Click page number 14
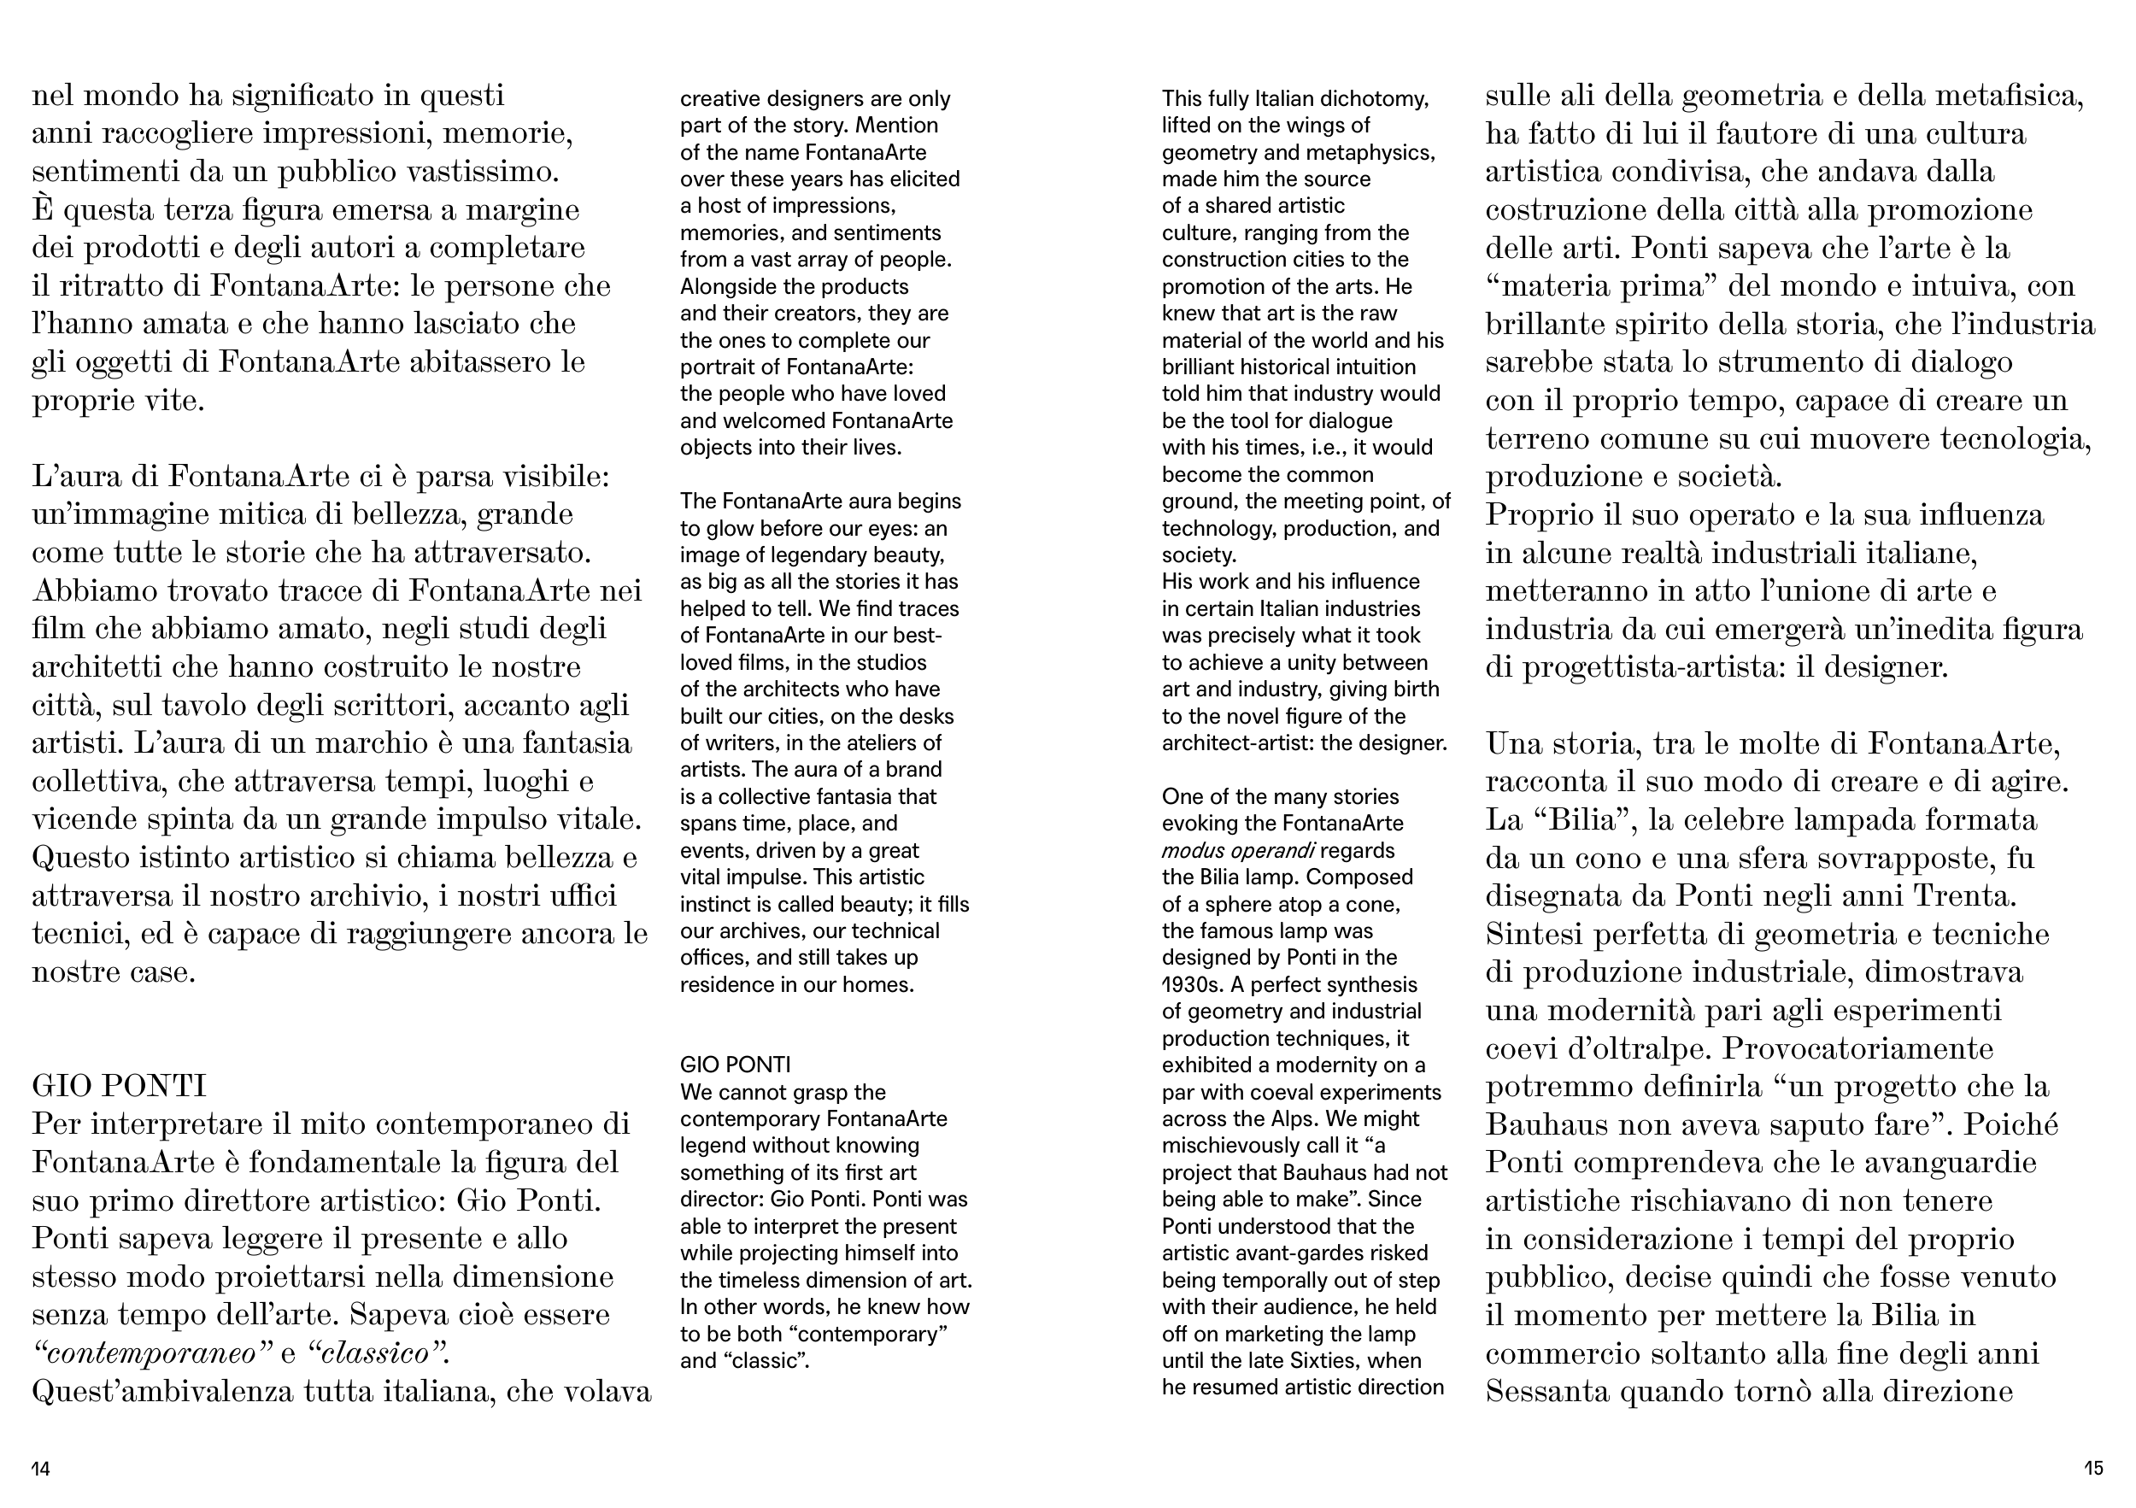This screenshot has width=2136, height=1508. click(x=41, y=1469)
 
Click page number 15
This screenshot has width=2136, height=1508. click(x=2093, y=1469)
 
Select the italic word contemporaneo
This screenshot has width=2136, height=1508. click(x=150, y=1353)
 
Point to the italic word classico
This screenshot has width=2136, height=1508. click(x=378, y=1353)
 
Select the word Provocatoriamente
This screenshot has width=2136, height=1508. click(x=1857, y=1048)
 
